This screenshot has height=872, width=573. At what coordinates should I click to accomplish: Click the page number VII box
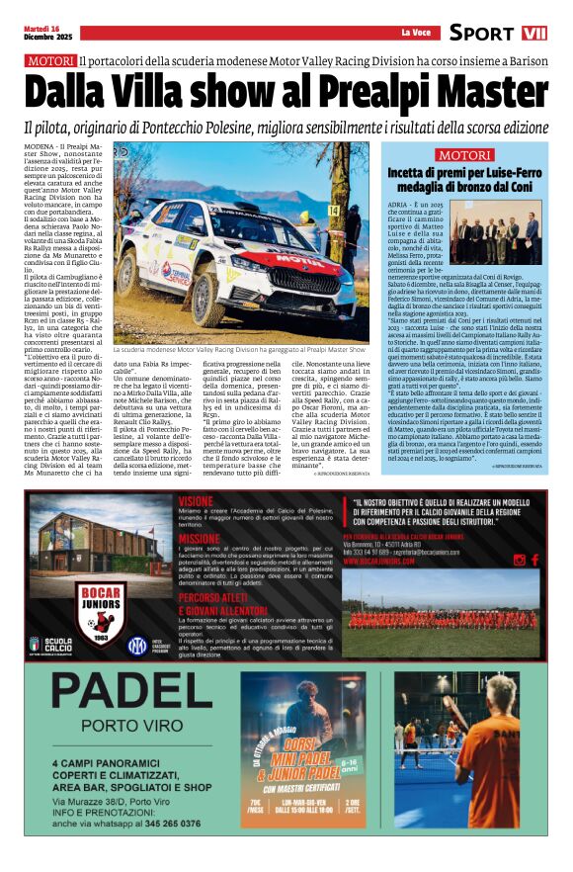[x=534, y=33]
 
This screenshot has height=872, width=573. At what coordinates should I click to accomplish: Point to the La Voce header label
[x=415, y=34]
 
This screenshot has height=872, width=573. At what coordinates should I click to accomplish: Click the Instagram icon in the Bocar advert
[x=520, y=560]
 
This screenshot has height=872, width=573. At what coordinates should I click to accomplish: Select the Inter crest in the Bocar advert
[x=136, y=646]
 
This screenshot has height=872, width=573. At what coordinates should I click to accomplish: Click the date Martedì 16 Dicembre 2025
[x=48, y=33]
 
